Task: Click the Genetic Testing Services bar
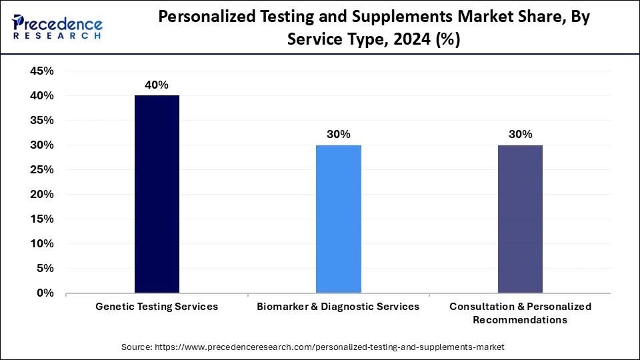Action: tap(157, 194)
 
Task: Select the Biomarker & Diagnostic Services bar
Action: tap(339, 219)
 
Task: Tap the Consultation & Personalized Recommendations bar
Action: tap(520, 219)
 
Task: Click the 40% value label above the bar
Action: tap(157, 85)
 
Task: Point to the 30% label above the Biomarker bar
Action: tap(339, 134)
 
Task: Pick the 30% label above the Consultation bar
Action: tap(520, 134)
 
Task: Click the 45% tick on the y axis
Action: tap(42, 71)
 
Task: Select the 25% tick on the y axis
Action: tap(42, 170)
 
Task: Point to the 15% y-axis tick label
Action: tap(42, 219)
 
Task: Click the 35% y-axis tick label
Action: tap(42, 121)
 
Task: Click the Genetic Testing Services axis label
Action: tap(157, 307)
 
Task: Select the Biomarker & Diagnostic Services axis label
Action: tap(339, 307)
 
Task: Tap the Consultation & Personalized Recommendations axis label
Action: tap(520, 313)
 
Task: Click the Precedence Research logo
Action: tap(57, 27)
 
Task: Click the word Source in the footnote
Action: tap(136, 347)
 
